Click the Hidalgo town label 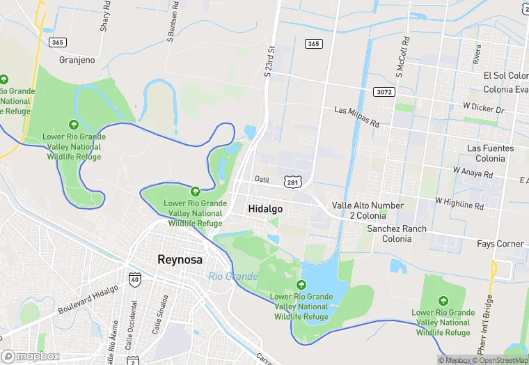(265, 208)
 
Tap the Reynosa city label (180, 260)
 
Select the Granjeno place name (77, 60)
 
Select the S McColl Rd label (401, 56)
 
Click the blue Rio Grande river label (232, 277)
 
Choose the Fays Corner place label (500, 244)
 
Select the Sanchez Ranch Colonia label (397, 233)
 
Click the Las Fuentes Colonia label (490, 153)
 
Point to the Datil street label (261, 179)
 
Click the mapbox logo (30, 357)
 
